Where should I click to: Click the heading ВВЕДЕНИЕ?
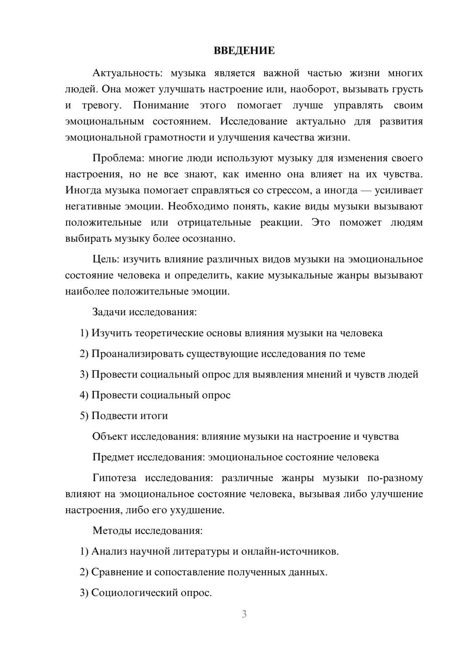pos(244,51)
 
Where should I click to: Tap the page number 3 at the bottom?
pos(244,614)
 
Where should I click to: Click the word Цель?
pos(106,260)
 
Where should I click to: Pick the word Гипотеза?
pos(114,478)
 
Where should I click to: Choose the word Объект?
pos(110,437)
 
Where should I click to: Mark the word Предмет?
pos(113,457)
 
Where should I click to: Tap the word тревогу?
pos(101,105)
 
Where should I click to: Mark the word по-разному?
pos(395,478)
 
